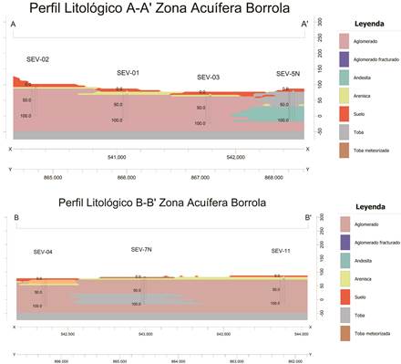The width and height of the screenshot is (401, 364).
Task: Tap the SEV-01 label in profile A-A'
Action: coord(129,72)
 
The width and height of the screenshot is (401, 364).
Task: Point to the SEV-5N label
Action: coord(288,73)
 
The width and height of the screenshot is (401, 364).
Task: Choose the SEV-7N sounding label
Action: coord(140,248)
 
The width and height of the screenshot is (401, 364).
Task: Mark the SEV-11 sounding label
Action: coord(281,250)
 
